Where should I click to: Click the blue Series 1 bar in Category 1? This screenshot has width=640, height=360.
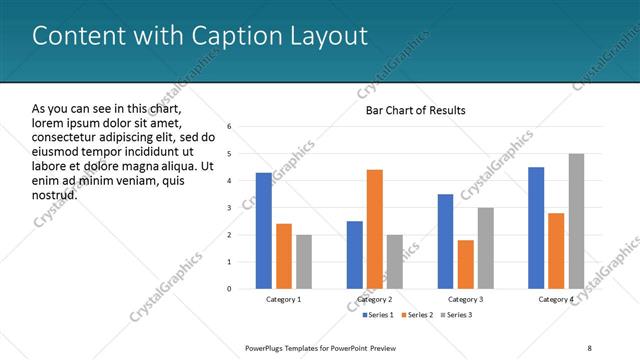point(263,231)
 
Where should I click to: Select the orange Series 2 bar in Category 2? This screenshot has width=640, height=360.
point(375,229)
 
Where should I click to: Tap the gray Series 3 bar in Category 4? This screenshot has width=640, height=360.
point(576,221)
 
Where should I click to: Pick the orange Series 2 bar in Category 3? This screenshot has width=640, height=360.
point(466,264)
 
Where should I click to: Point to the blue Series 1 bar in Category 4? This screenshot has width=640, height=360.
point(536,228)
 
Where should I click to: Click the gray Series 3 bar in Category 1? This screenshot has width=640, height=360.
point(304,262)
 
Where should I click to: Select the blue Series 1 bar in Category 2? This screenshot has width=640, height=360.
point(355,255)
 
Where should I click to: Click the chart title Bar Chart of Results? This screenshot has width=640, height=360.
point(415,110)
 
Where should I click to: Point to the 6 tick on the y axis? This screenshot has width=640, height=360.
point(230,127)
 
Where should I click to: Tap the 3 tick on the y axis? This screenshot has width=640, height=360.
point(230,208)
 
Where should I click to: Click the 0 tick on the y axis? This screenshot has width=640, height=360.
point(230,289)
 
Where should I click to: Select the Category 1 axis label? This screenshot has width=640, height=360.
point(284,299)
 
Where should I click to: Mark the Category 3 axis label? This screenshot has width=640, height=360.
point(466,299)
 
